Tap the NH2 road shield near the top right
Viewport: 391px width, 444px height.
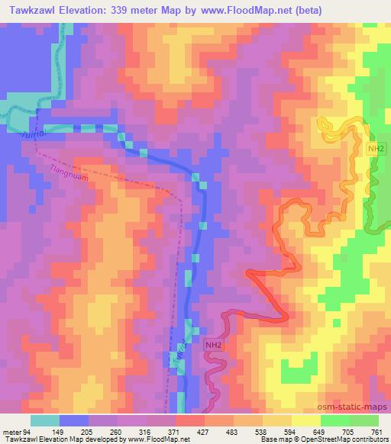click(x=375, y=148)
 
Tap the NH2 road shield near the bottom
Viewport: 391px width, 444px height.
click(x=213, y=346)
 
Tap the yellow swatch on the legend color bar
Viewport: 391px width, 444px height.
click(x=306, y=420)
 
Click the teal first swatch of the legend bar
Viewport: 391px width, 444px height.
click(x=45, y=420)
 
